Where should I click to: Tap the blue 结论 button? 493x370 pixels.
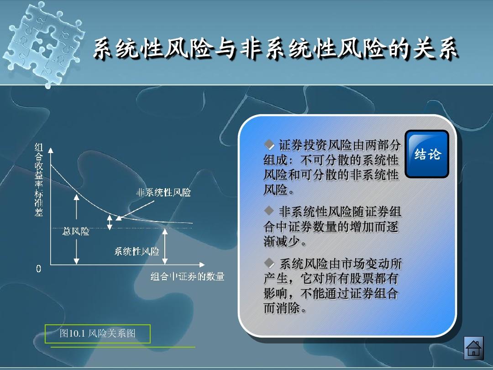[427, 154]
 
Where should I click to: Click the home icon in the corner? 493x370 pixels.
[473, 348]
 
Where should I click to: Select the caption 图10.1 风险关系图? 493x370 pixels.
[98, 333]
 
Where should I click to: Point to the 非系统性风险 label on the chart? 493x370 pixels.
[163, 193]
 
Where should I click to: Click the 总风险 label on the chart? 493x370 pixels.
[76, 232]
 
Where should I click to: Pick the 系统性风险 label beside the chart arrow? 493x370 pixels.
[136, 251]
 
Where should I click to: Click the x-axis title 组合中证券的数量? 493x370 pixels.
[188, 276]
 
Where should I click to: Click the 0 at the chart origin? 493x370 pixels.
[39, 269]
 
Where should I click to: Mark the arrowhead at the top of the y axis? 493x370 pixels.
[51, 150]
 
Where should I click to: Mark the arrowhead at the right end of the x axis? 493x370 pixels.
[201, 264]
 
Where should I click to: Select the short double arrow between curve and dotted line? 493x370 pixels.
[110, 222]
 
